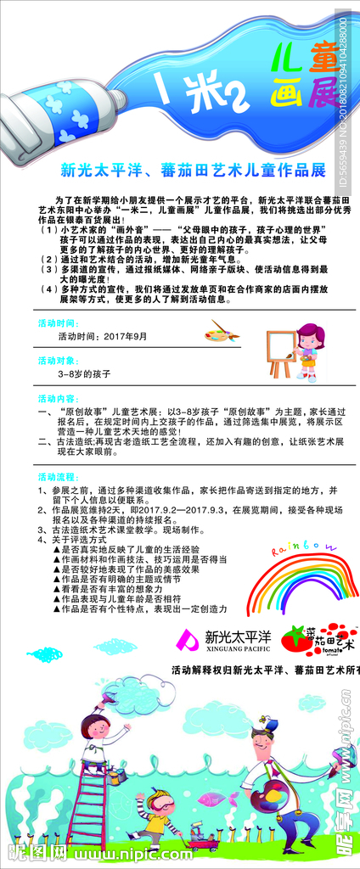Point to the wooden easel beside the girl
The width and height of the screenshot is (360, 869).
click(281, 352)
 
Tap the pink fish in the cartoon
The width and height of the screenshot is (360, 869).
click(212, 799)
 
